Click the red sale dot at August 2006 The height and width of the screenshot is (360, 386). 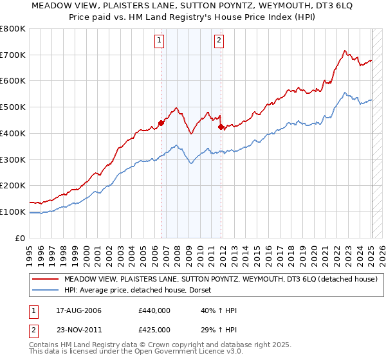point(161,123)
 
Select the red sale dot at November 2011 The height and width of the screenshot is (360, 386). point(221,127)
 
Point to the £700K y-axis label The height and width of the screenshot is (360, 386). point(13,55)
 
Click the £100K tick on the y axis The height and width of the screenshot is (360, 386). point(13,212)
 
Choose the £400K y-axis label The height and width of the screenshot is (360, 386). point(13,133)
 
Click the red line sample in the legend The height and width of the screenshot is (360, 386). point(45,280)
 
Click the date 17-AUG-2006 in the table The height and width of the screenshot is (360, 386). point(78,310)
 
